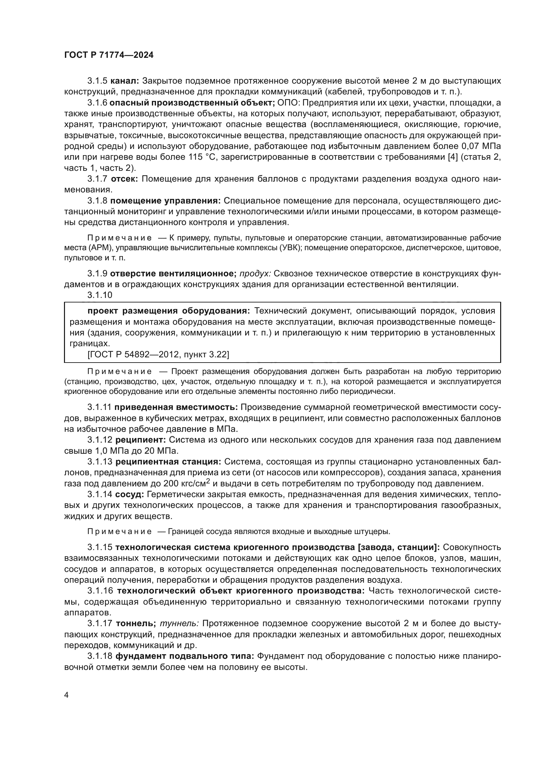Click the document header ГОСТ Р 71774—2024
pos(109,55)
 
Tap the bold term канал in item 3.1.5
pos(124,81)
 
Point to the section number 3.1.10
pos(100,295)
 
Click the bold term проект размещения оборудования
pos(168,311)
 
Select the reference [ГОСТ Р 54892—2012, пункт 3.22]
pos(158,355)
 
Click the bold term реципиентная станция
pos(168,462)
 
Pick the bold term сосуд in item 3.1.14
pos(130,495)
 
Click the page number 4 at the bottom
pos(67,695)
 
